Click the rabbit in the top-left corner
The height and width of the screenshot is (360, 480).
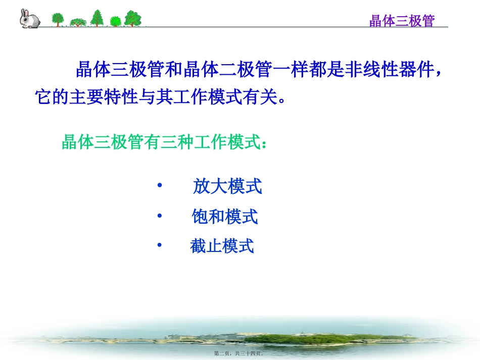click(x=29, y=19)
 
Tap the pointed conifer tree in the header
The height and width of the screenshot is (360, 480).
click(x=97, y=18)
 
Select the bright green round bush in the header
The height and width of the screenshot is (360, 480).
click(x=116, y=21)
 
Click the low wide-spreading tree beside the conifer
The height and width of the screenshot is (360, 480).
click(x=78, y=22)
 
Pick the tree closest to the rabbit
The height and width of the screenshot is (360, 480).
click(x=58, y=19)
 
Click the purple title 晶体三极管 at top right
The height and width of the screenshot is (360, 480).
click(x=402, y=21)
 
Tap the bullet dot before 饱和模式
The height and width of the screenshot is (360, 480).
click(x=160, y=216)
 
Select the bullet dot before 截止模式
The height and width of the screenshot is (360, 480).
click(x=160, y=245)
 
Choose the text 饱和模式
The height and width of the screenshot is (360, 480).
click(x=225, y=217)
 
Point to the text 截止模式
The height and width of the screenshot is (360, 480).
click(x=222, y=246)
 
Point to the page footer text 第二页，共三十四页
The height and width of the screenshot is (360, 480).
click(x=239, y=354)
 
